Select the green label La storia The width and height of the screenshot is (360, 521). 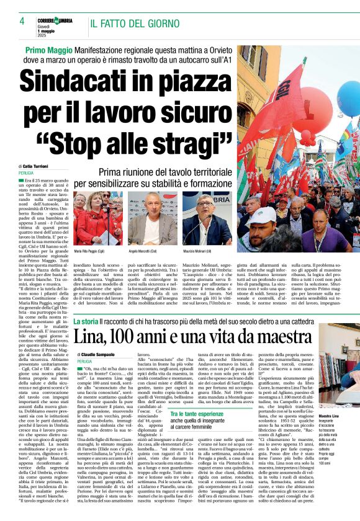[85, 321]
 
